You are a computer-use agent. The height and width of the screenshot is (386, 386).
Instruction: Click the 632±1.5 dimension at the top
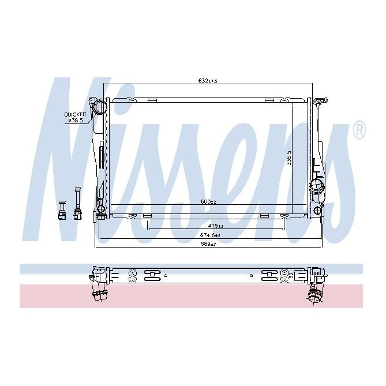click(207, 80)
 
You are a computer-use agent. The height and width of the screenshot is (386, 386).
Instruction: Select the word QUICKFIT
click(75, 114)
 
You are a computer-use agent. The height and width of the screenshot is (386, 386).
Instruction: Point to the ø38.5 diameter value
click(77, 121)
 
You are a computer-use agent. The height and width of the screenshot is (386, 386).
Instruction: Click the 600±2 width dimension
click(207, 201)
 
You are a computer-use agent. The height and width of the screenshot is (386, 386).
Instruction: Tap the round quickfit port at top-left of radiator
click(102, 107)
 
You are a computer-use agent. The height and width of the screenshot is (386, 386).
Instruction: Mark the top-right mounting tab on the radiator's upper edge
click(269, 100)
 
